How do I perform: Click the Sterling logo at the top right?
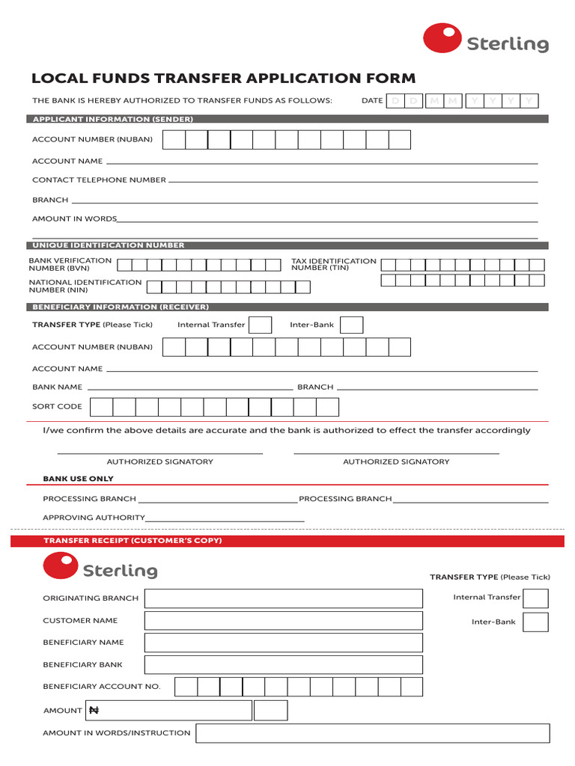486,40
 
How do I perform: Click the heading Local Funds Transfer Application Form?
223,79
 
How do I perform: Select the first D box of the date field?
395,101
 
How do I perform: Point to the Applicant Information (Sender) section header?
112,120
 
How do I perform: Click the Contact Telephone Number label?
99,180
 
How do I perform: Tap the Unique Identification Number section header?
108,245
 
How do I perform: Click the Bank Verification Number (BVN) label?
70,264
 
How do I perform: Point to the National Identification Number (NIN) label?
85,286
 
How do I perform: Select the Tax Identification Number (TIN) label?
333,264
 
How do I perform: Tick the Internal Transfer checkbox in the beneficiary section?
260,325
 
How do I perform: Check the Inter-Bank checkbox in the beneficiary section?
351,325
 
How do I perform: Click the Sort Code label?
57,406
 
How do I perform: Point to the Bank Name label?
57,387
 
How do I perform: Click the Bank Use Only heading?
78,479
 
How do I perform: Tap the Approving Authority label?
94,518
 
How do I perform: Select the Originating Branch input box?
283,598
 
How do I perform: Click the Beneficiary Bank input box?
283,664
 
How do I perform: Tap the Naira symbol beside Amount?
94,711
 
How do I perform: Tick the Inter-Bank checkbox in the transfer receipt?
535,622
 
